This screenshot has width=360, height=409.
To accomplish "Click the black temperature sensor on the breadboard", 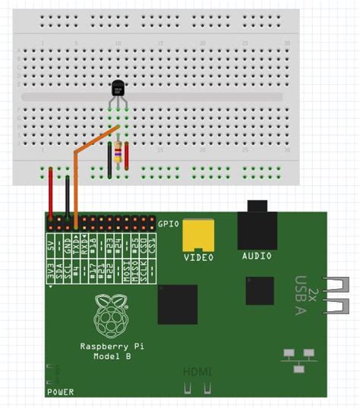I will pyautogui.click(x=118, y=90).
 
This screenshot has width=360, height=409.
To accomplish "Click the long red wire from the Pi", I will pyautogui.click(x=51, y=193).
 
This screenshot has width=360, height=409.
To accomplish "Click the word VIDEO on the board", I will pyautogui.click(x=199, y=257).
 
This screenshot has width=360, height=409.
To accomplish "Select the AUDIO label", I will pyautogui.click(x=257, y=256).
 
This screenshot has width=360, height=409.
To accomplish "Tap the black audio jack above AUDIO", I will pyautogui.click(x=257, y=228).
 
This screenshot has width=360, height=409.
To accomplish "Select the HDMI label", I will pyautogui.click(x=197, y=372).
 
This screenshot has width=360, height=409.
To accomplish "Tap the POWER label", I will pyautogui.click(x=60, y=392).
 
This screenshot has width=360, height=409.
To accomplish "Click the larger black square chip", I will pyautogui.click(x=178, y=304).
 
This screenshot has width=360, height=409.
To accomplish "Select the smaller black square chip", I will pyautogui.click(x=259, y=291).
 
